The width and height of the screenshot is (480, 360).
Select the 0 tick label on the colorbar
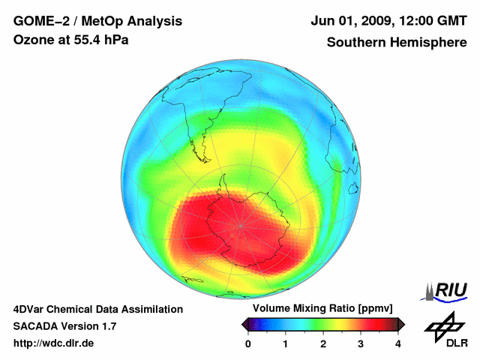(248, 343)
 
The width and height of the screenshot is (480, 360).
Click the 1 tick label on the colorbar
(286, 343)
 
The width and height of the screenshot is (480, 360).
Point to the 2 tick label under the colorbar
(323, 343)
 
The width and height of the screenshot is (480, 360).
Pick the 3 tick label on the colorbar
(361, 343)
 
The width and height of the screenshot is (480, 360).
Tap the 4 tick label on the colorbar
(398, 343)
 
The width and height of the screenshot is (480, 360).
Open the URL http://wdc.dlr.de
(54, 343)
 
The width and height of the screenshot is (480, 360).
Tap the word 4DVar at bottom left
(30, 309)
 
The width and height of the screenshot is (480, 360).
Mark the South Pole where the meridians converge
(241, 225)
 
